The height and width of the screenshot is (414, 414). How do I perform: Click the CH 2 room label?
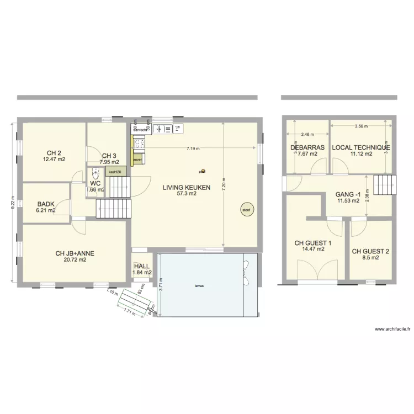pyautogui.click(x=54, y=153)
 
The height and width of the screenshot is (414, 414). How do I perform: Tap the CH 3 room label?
pyautogui.click(x=109, y=156)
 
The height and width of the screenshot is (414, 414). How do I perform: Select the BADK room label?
pyautogui.click(x=46, y=204)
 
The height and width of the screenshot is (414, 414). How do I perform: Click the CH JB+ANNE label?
pyautogui.click(x=75, y=253)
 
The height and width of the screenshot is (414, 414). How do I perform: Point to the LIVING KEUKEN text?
pyautogui.click(x=186, y=188)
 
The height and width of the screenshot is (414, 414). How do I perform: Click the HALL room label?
pyautogui.click(x=142, y=266)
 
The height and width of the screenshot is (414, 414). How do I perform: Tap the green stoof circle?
pyautogui.click(x=245, y=209)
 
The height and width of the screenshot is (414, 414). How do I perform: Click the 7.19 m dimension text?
pyautogui.click(x=193, y=148)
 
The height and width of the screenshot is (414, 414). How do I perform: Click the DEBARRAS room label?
pyautogui.click(x=307, y=147)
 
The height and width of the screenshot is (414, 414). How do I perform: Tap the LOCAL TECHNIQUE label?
pyautogui.click(x=361, y=147)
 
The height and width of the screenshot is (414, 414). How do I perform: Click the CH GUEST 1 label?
pyautogui.click(x=313, y=242)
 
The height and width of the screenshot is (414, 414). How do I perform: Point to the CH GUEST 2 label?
pyautogui.click(x=370, y=251)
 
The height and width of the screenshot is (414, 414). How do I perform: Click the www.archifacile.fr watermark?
pyautogui.click(x=392, y=329)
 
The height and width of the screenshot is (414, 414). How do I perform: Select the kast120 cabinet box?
pyautogui.click(x=115, y=172)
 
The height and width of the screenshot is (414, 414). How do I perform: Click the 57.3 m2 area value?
pyautogui.click(x=186, y=194)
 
